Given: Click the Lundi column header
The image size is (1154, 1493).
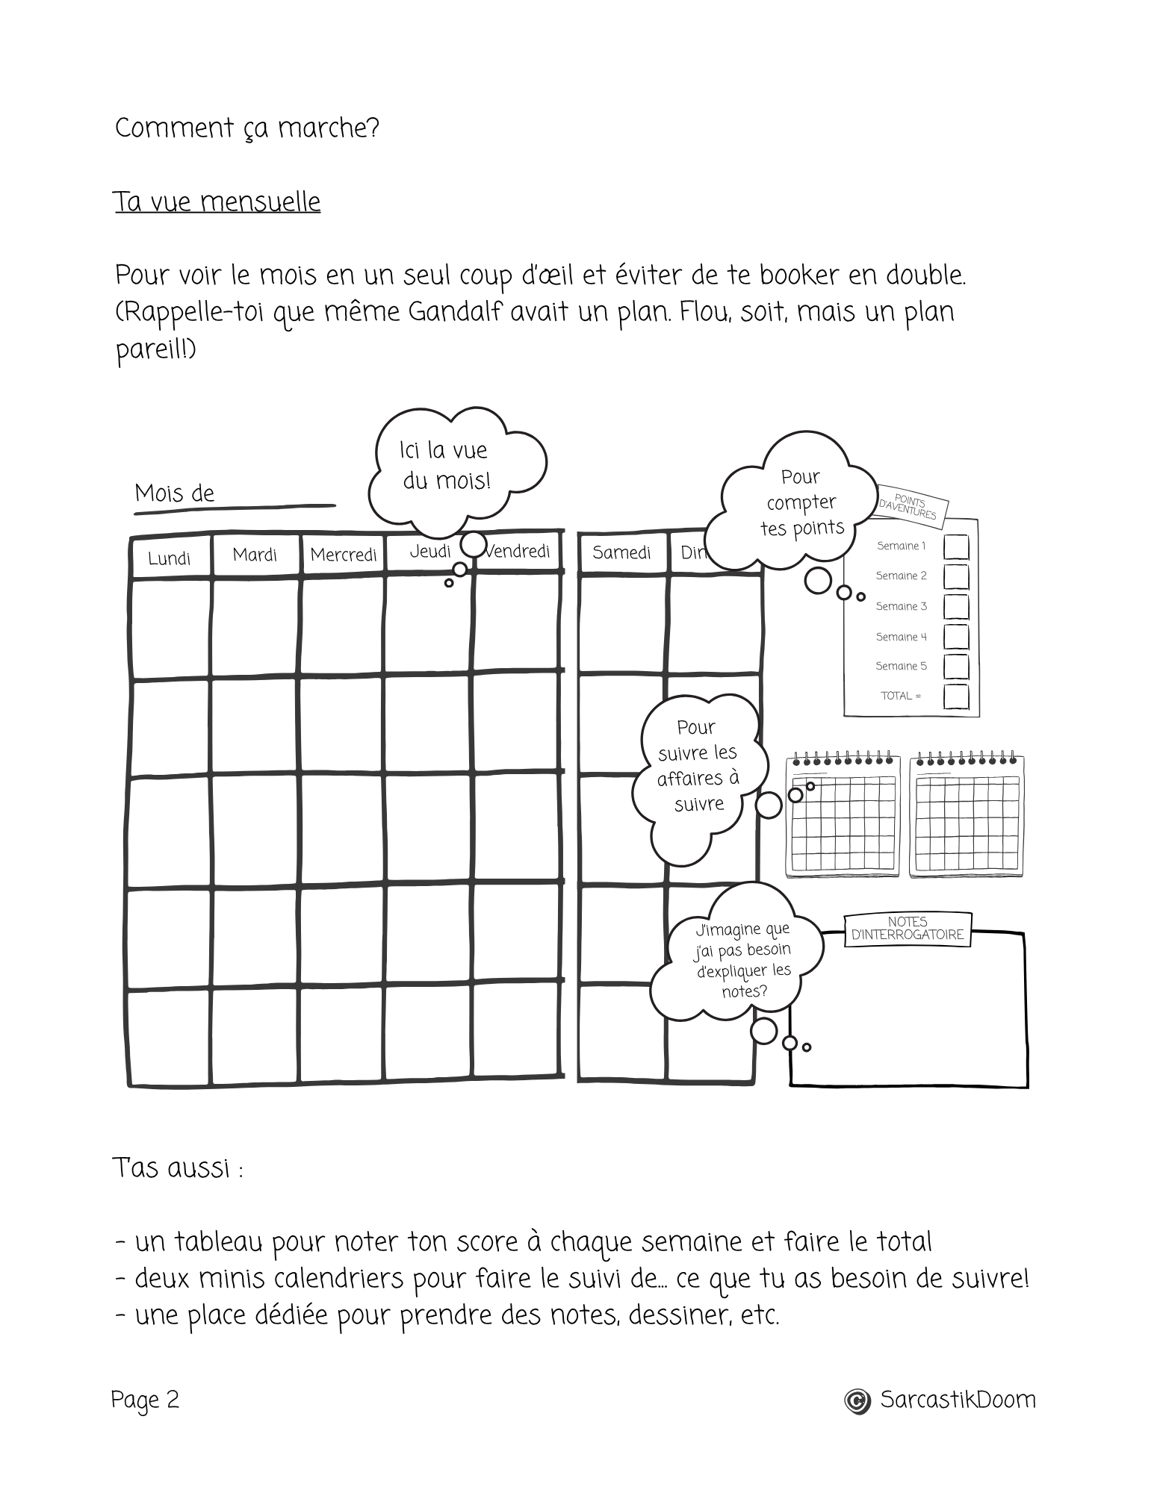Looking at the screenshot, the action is click(x=170, y=558).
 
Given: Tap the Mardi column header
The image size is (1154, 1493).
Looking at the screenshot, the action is click(x=255, y=555).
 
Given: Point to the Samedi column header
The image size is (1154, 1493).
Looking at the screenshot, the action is click(x=621, y=552).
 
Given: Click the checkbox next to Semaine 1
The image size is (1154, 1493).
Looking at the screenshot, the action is click(x=956, y=546).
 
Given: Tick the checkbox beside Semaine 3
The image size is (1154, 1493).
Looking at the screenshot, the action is click(x=956, y=607).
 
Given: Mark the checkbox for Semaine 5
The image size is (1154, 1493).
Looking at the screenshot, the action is click(x=956, y=667).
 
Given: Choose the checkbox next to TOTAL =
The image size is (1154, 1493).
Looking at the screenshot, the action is click(x=956, y=696).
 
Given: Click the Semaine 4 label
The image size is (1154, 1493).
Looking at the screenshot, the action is click(x=901, y=637).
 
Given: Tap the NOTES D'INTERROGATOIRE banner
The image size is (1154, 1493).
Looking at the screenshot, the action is click(x=908, y=929).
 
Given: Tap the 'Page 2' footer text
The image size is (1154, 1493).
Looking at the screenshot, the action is click(x=146, y=1400).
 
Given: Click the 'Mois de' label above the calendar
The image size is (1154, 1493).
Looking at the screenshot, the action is click(x=175, y=493).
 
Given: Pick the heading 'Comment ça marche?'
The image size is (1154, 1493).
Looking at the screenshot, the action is click(x=247, y=128).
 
